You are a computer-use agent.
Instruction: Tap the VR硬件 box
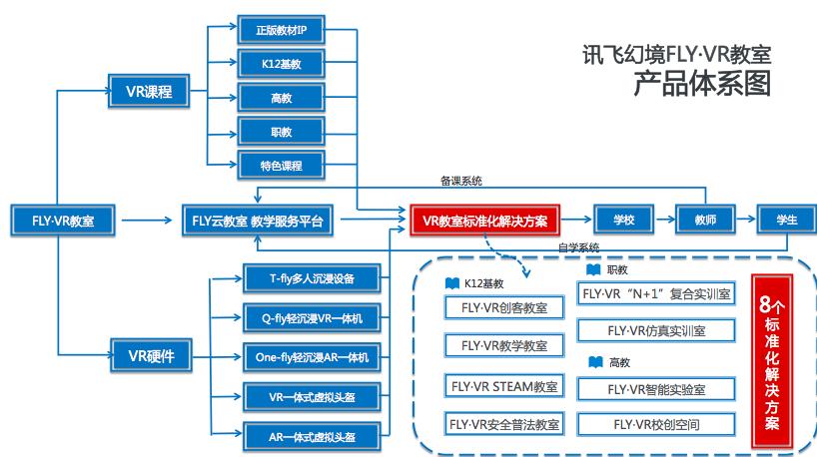click(x=150, y=354)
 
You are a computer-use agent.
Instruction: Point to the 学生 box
click(x=786, y=220)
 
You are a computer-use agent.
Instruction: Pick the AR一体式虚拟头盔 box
click(x=312, y=436)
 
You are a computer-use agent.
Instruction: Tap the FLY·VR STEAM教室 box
click(x=503, y=385)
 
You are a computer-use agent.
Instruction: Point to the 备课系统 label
click(x=460, y=182)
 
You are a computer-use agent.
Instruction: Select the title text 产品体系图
click(x=703, y=84)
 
